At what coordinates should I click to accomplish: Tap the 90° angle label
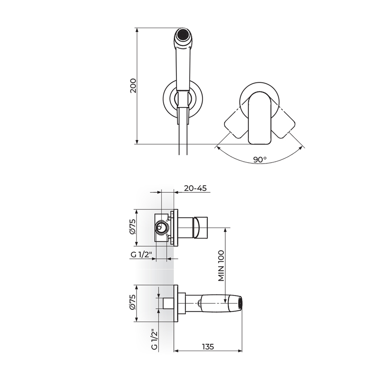[x=260, y=160]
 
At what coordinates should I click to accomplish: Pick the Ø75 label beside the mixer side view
[x=132, y=227]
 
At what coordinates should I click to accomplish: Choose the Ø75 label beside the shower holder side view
[x=132, y=302]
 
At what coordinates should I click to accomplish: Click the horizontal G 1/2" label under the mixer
[x=141, y=254]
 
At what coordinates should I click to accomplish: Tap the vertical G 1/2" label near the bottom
[x=154, y=339]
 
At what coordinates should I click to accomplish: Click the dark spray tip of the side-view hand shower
[x=240, y=303]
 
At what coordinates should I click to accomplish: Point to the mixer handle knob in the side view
[x=201, y=227]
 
